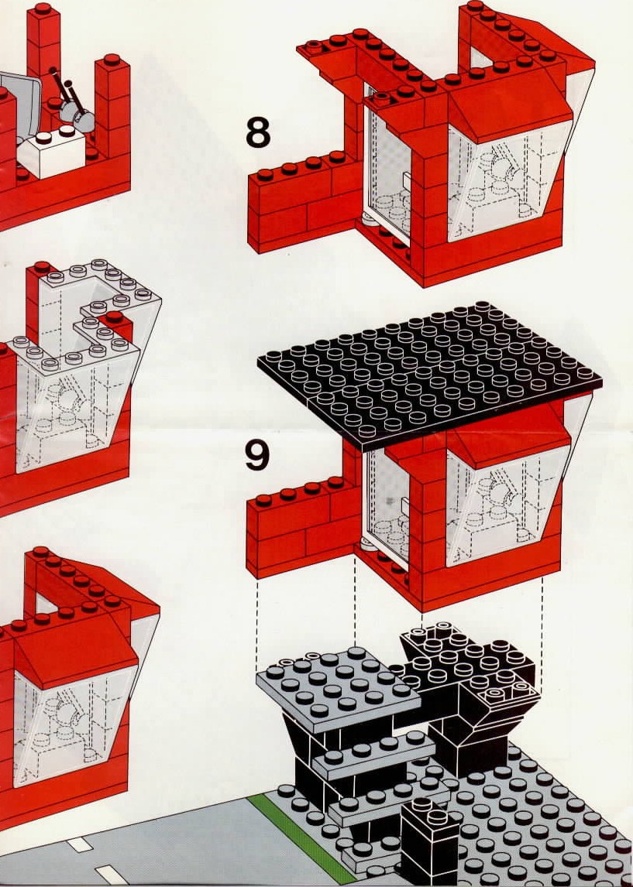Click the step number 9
pos(257,456)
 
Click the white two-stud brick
pos(51,151)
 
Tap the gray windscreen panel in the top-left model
pos(20,108)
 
